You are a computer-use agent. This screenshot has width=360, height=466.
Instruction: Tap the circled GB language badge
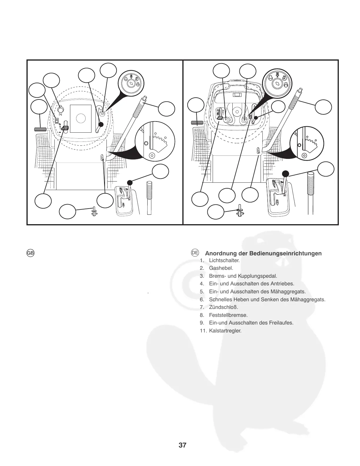point(31,253)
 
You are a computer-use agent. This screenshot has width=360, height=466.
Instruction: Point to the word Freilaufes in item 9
point(282,323)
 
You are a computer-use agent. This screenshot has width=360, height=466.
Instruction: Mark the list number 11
point(203,331)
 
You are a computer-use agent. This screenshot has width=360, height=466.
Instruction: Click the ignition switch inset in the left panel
point(130,84)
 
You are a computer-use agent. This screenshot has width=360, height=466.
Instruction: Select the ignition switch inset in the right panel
point(277,83)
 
